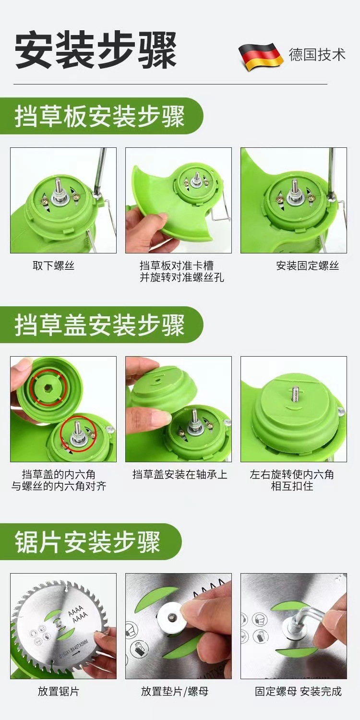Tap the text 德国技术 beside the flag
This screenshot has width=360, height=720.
pos(317,55)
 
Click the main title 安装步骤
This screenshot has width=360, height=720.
pos(96,50)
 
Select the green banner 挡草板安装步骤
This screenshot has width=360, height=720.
pos(101,116)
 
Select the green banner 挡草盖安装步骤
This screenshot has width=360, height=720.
pos(101,324)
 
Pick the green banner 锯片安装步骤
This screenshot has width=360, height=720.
pos(90,541)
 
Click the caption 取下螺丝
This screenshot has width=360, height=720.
pos(54,266)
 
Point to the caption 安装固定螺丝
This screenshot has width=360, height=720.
pos(308,266)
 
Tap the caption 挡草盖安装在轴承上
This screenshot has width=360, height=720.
pos(180,475)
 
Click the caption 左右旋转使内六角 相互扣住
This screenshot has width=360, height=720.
pos(292,480)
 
